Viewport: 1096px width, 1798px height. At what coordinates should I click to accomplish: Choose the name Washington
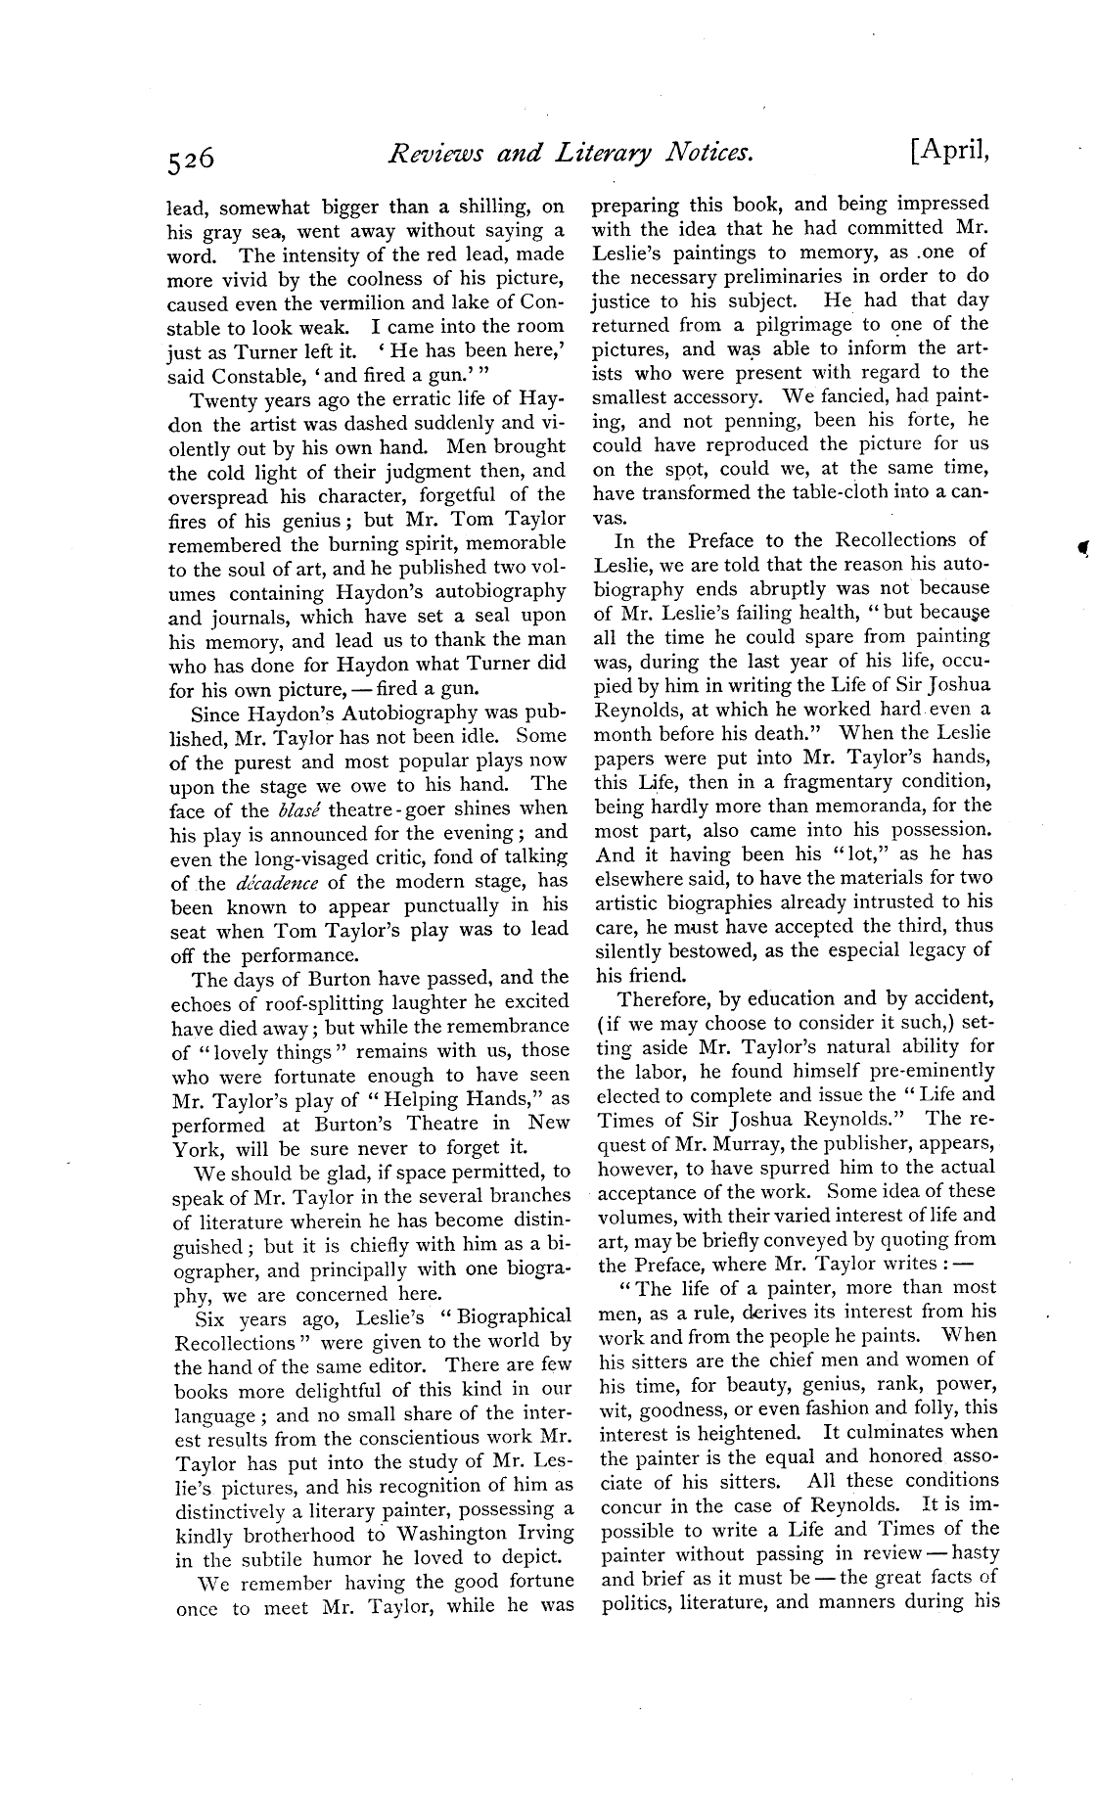click(x=458, y=1534)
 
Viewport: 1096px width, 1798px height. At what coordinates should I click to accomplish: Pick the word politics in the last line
click(x=635, y=1602)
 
